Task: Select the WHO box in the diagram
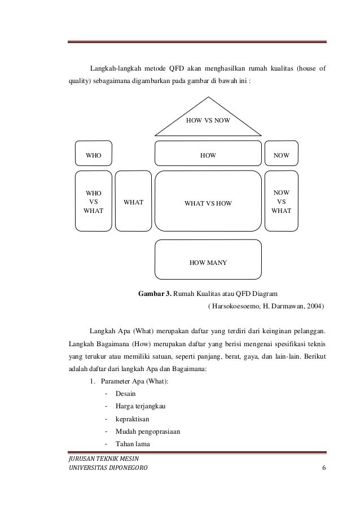pos(93,154)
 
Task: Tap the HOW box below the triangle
pos(208,154)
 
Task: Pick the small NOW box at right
pos(282,154)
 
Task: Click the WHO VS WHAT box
pos(93,202)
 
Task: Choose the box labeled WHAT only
pos(133,202)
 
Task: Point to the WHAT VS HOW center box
pos(208,202)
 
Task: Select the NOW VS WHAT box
pos(282,202)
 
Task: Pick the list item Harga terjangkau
pos(140,406)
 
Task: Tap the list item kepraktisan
pos(132,419)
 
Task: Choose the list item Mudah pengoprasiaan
pos(148,432)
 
